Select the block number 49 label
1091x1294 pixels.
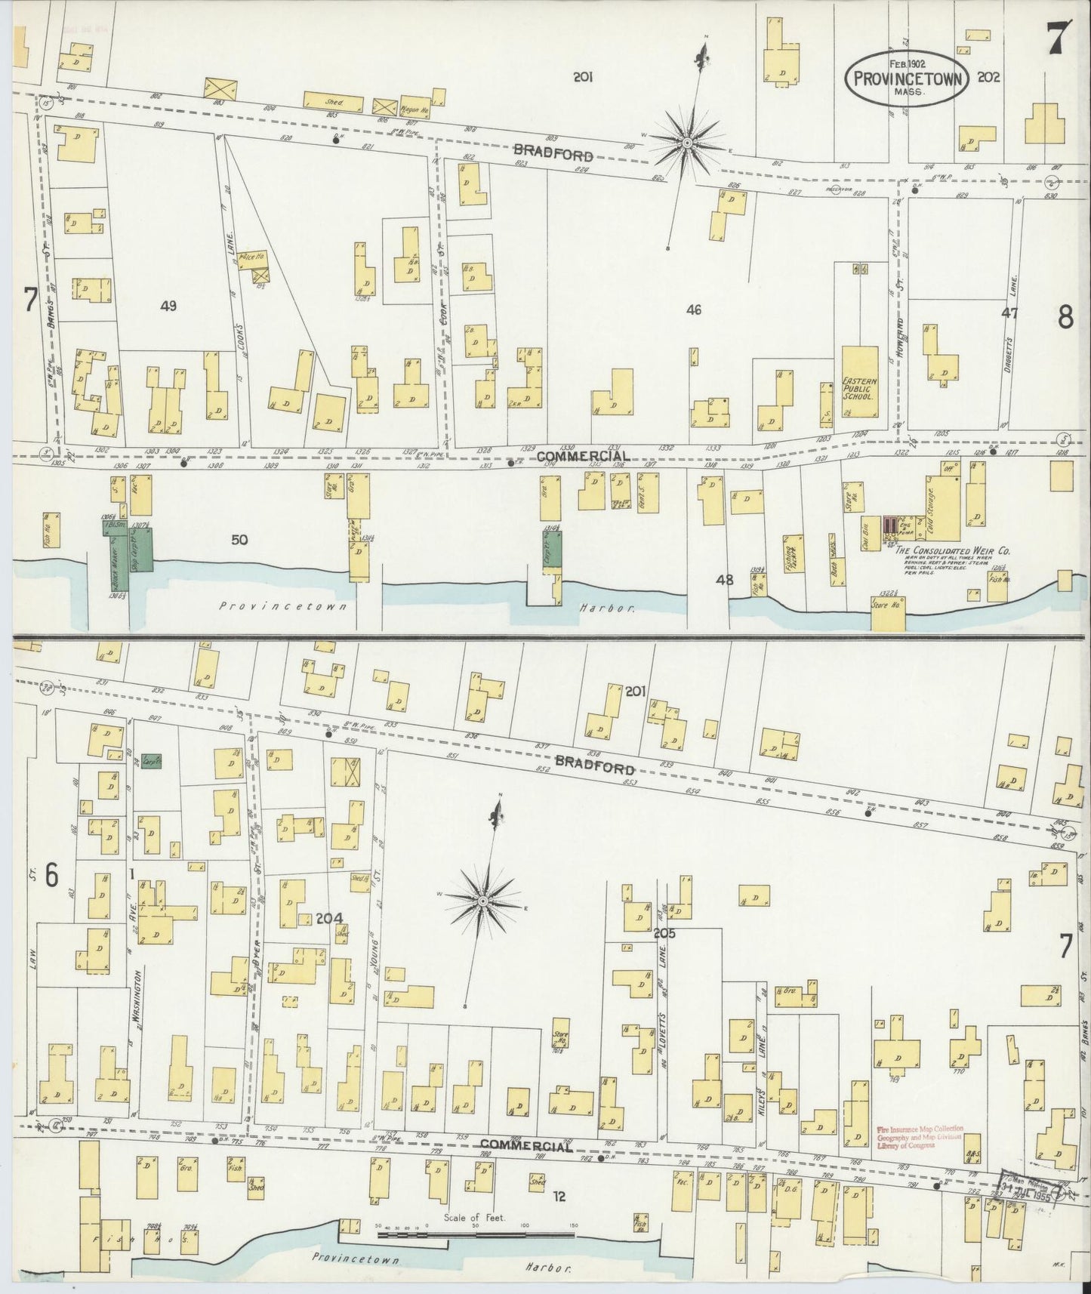168,306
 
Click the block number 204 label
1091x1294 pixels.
329,918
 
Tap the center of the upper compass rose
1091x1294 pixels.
687,142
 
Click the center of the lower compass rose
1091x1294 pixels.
482,901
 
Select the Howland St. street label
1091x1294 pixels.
899,318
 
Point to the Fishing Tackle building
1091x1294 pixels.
791,560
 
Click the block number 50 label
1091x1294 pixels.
239,540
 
